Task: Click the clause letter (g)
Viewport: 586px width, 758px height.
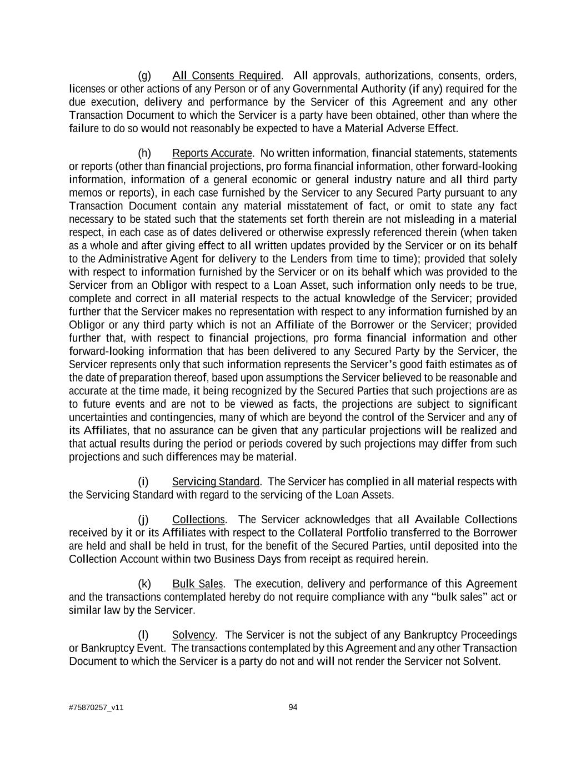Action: coord(144,76)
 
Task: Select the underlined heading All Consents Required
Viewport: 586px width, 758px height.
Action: coord(227,76)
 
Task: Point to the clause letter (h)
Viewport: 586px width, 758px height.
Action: coord(144,153)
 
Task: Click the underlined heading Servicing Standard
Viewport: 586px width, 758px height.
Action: coord(216,481)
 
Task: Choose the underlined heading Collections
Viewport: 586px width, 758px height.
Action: coord(198,520)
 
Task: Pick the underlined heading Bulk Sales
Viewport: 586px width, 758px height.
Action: coord(198,584)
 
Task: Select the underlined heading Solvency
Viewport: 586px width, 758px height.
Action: coord(193,635)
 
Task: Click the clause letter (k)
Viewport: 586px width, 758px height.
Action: coord(144,584)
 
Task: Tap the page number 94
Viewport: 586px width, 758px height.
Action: coord(293,707)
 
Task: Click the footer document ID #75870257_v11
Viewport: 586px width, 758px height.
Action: coord(96,708)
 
